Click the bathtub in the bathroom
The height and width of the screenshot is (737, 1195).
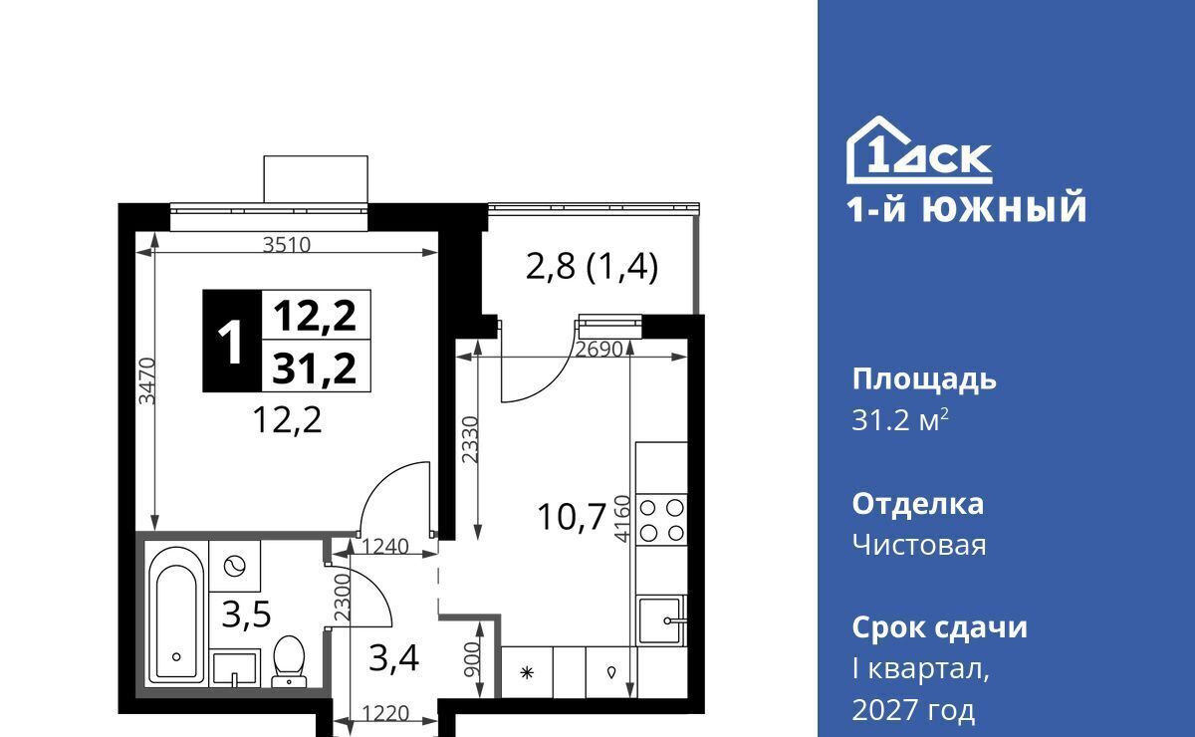point(176,615)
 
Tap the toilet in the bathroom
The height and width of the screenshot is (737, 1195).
point(289,661)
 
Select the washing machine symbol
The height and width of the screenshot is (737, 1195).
point(234,566)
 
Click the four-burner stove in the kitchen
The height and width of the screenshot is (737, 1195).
point(661,520)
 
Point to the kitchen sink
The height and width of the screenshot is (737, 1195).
point(661,620)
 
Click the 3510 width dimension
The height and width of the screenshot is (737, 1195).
point(287,245)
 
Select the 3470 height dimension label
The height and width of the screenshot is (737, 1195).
point(146,381)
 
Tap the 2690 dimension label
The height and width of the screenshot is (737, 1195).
point(599,350)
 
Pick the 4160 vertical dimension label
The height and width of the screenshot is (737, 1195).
point(622,519)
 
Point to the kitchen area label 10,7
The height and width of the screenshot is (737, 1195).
point(572,517)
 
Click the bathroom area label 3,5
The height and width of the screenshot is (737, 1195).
point(247,614)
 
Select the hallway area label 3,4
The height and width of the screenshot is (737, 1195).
point(393,658)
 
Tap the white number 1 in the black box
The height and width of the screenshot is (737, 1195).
point(231,342)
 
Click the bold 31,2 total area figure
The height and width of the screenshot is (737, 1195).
point(315,369)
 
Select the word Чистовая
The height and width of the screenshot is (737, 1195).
point(918,545)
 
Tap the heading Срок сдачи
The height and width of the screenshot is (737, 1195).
point(939,627)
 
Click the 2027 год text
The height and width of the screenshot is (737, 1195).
point(913,709)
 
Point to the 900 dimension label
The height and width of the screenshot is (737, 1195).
point(472,661)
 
